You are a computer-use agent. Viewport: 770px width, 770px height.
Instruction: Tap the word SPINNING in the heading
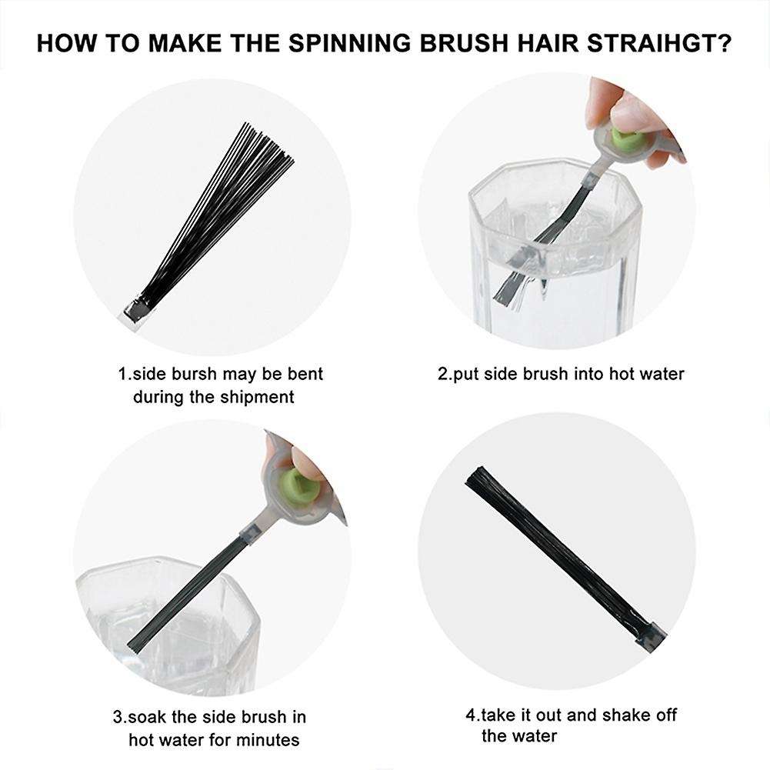[x=349, y=43]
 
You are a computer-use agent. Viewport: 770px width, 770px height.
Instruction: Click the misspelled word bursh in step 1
[x=194, y=374]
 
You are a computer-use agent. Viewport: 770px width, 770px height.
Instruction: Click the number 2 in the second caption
[x=442, y=374]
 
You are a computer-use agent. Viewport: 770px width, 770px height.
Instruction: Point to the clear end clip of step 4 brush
[x=651, y=637]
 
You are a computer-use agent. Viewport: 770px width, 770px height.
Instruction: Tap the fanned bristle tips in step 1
[x=268, y=142]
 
